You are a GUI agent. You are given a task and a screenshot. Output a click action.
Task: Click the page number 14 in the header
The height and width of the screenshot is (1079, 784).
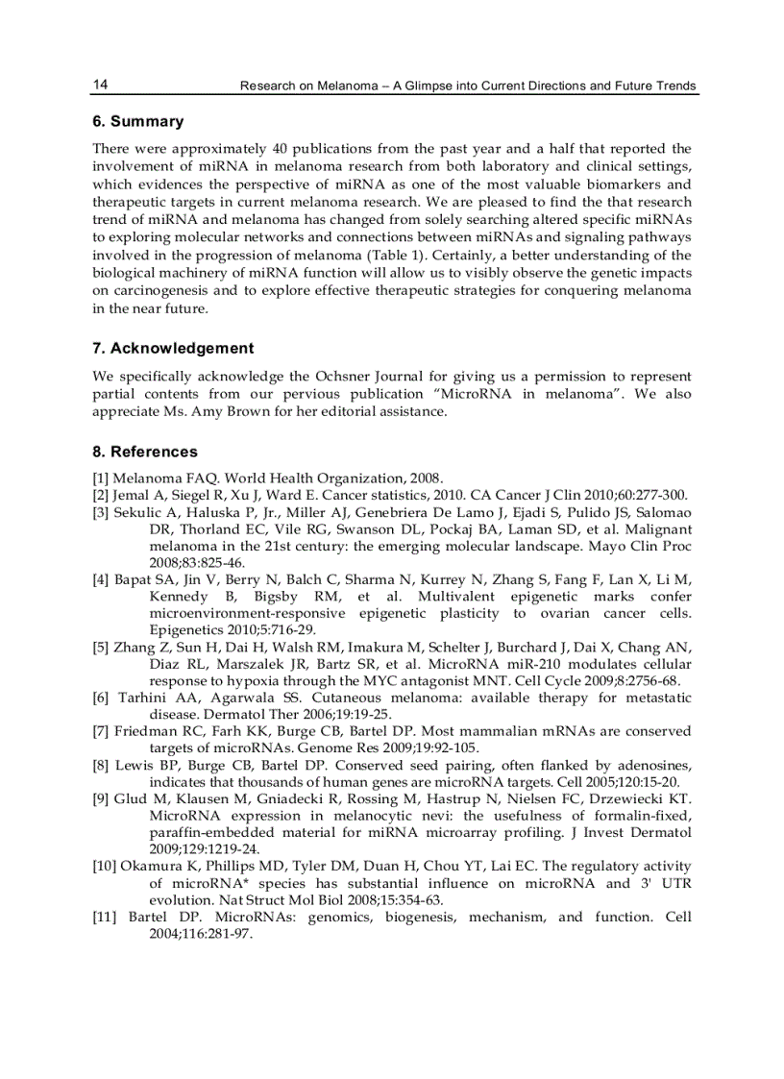[100, 86]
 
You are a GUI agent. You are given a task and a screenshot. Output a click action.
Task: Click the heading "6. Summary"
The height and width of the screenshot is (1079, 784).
[137, 122]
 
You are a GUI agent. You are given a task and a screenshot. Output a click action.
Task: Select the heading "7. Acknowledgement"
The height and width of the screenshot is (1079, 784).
[173, 349]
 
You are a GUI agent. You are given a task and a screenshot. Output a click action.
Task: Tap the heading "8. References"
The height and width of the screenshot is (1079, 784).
[144, 452]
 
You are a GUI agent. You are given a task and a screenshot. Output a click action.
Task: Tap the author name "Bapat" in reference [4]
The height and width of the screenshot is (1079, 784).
[135, 579]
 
